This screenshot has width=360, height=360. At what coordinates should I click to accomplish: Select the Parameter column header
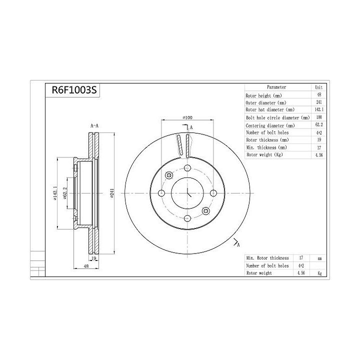click(x=276, y=86)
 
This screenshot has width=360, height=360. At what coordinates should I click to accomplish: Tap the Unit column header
click(x=319, y=87)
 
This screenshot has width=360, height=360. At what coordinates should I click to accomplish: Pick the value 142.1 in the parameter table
click(x=319, y=109)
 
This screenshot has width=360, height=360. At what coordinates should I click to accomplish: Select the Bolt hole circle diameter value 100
click(x=319, y=117)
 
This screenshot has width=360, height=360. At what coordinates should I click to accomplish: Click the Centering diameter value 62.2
click(x=319, y=125)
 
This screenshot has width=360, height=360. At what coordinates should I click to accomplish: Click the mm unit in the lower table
click(x=319, y=258)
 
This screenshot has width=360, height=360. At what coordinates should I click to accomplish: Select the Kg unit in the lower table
click(x=319, y=273)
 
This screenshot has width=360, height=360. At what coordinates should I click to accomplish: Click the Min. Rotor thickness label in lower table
click(x=267, y=258)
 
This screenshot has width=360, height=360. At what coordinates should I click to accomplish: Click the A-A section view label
click(x=94, y=126)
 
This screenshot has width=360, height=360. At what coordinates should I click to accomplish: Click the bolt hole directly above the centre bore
click(x=187, y=168)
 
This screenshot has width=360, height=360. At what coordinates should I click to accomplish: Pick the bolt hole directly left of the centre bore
click(x=161, y=193)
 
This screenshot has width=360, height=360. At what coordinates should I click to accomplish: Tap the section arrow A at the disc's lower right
click(x=236, y=243)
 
